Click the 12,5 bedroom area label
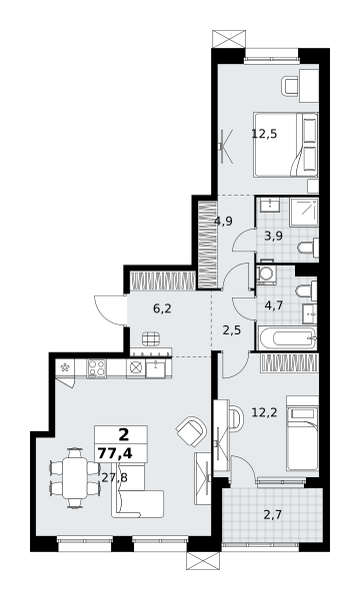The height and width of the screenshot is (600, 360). (264, 134)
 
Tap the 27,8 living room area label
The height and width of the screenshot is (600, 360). (115, 477)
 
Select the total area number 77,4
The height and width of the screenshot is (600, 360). (115, 453)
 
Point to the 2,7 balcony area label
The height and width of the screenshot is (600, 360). (273, 515)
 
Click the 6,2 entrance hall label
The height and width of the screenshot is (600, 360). (162, 308)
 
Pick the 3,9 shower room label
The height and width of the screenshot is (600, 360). (274, 236)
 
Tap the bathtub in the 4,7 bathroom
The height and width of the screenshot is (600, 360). (287, 338)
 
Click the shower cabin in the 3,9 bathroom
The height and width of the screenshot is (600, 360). (304, 212)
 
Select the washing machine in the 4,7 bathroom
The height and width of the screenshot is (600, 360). (265, 274)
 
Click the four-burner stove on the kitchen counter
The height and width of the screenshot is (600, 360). (96, 368)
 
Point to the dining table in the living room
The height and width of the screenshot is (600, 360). (75, 478)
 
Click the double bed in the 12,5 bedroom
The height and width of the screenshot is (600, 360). (285, 145)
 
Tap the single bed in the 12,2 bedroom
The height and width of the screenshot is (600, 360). (302, 434)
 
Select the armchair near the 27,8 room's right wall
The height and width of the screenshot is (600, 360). (191, 431)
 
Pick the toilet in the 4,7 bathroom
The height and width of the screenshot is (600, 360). (306, 291)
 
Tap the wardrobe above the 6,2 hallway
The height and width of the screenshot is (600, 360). (163, 281)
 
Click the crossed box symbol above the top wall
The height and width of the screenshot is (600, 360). (228, 39)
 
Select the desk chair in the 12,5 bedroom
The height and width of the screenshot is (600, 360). (290, 85)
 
